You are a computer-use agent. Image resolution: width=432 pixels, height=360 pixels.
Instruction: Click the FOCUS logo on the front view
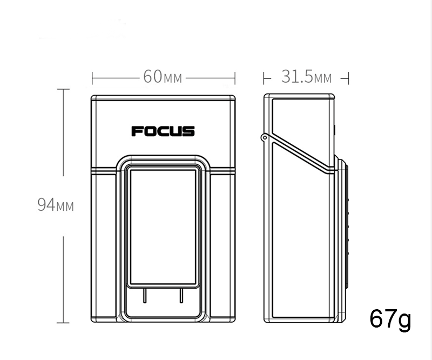[163, 131]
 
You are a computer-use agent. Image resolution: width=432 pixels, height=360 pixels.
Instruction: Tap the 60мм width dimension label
[163, 77]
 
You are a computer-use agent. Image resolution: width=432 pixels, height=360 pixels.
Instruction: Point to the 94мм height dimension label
[56, 205]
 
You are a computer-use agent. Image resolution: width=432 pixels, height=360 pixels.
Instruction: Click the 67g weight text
[390, 319]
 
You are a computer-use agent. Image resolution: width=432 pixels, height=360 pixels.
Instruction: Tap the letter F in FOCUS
[137, 131]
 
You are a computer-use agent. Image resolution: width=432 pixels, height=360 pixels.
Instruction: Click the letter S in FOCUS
[189, 131]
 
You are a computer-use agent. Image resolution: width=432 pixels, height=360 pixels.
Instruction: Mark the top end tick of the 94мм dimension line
[64, 89]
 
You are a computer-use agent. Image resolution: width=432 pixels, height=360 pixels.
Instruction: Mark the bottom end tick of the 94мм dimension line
[64, 323]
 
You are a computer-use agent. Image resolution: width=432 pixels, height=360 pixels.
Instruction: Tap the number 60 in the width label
[152, 77]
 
